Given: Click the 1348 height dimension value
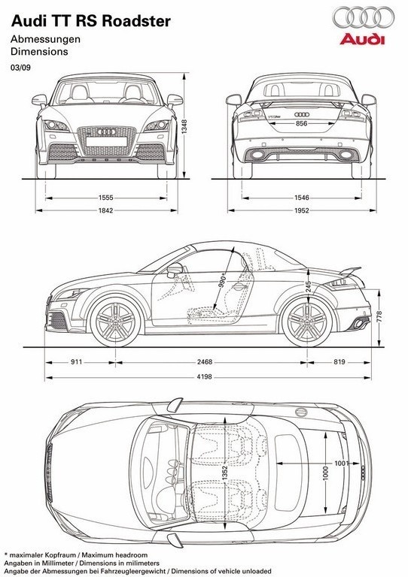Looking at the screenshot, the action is pyautogui.click(x=184, y=126).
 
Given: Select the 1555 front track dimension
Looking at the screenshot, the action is pyautogui.click(x=106, y=198).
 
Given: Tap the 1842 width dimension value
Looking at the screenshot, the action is pyautogui.click(x=106, y=211).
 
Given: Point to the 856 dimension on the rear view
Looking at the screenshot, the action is pyautogui.click(x=302, y=124).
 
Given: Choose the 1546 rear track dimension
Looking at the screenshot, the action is pyautogui.click(x=302, y=198).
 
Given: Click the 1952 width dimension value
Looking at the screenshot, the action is pyautogui.click(x=302, y=211).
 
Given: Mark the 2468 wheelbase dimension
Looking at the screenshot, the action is pyautogui.click(x=205, y=362).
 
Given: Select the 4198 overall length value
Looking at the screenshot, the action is pyautogui.click(x=205, y=377).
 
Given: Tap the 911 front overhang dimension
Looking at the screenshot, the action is pyautogui.click(x=76, y=362).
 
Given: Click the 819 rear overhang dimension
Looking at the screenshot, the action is pyautogui.click(x=339, y=362).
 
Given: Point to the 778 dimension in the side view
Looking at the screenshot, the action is pyautogui.click(x=379, y=316).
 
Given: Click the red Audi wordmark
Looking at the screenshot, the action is pyautogui.click(x=362, y=39).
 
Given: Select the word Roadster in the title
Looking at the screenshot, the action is pyautogui.click(x=136, y=21).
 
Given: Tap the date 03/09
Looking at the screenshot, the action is pyautogui.click(x=20, y=68).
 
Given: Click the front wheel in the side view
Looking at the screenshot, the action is pyautogui.click(x=115, y=322).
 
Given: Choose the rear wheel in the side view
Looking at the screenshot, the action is pyautogui.click(x=307, y=322).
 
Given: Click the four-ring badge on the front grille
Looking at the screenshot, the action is pyautogui.click(x=106, y=131).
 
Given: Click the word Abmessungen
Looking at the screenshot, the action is pyautogui.click(x=45, y=39).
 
